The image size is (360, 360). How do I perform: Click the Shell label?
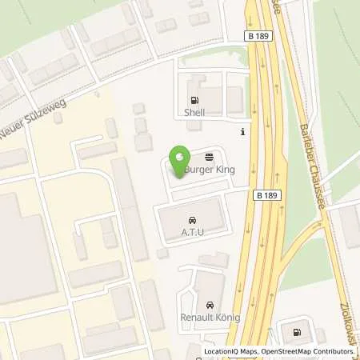tap(194, 113)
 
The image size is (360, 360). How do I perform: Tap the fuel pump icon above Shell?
tap(194, 102)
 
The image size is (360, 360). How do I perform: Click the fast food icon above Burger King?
tap(209, 158)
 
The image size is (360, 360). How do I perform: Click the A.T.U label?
tap(192, 233)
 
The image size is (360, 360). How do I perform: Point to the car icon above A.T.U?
tap(192, 220)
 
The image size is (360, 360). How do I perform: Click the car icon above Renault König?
tap(210, 305)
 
